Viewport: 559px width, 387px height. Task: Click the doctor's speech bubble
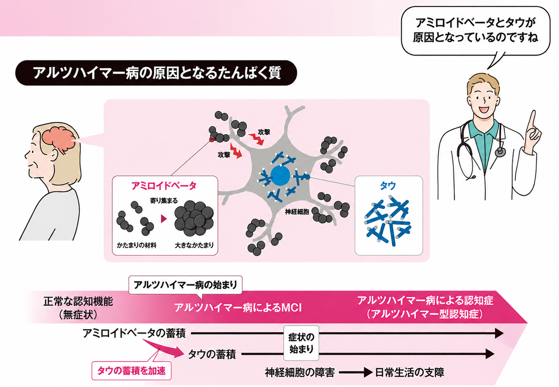coord(475,30)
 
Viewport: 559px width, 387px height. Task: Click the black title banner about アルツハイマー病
coord(156,73)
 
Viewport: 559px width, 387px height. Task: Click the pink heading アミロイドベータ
coord(164,186)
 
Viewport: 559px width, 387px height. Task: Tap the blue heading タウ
coord(388,186)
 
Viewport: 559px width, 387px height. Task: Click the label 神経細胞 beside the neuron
coord(297,212)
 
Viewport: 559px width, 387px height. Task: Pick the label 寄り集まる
coord(164,200)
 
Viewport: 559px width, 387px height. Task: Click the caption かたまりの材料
coord(136,245)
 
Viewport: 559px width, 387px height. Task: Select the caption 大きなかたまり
coord(194,245)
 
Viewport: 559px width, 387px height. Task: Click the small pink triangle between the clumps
coord(164,219)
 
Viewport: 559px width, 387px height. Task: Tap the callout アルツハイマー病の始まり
coord(185,285)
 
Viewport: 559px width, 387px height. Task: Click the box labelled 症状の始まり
coord(301,343)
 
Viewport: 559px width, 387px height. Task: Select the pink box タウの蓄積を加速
coord(131,371)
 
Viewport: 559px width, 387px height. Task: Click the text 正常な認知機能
coord(78,302)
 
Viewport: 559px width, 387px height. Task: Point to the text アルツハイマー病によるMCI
coord(238,308)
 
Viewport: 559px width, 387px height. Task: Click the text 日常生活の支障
coord(410,373)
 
